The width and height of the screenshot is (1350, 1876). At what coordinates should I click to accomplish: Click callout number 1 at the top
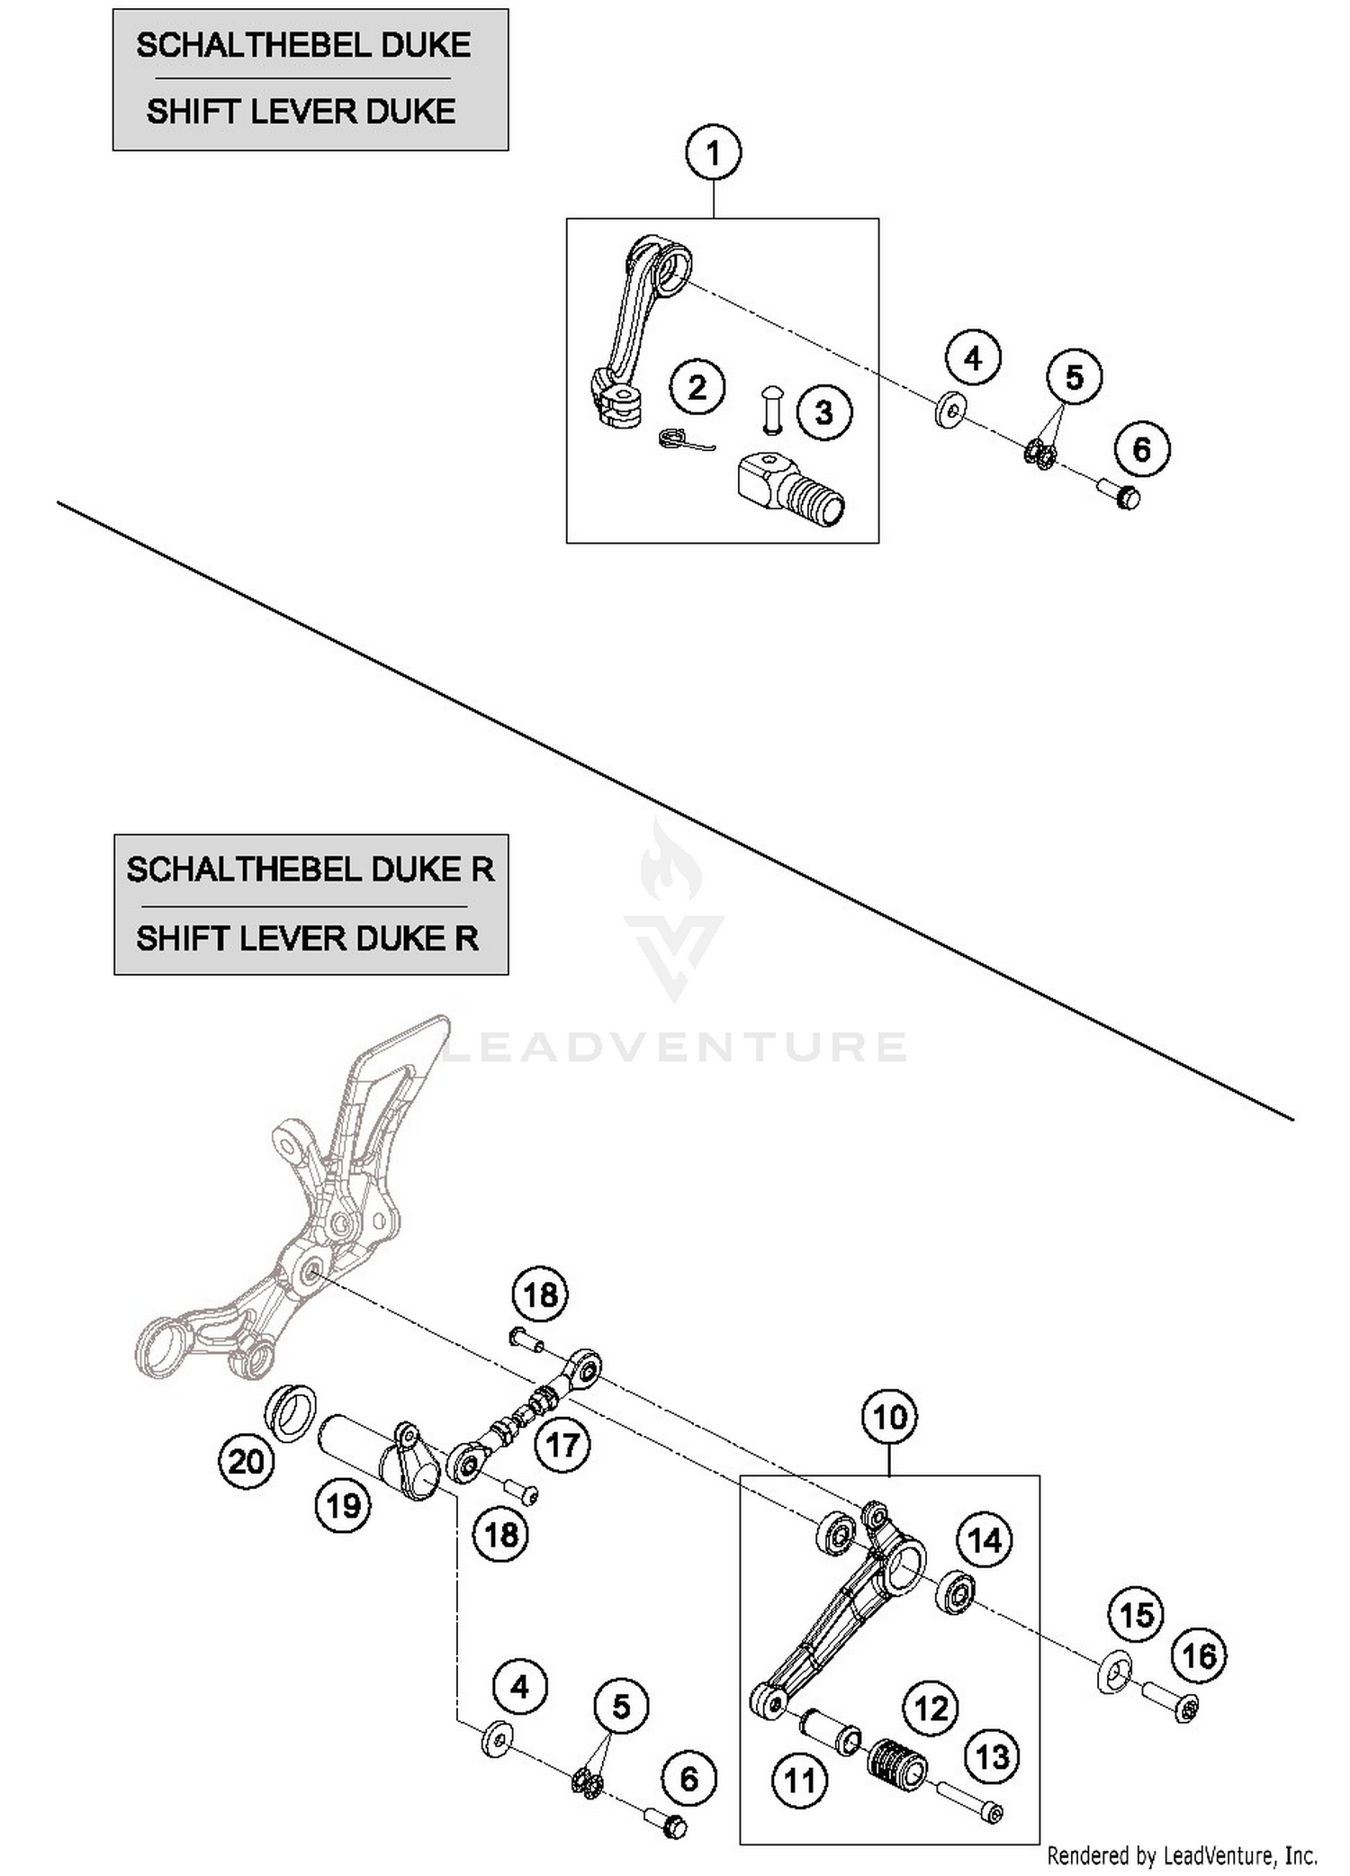(713, 153)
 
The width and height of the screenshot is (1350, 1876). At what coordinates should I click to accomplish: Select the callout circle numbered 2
(697, 388)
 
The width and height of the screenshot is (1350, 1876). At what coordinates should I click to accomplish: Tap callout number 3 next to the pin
(823, 413)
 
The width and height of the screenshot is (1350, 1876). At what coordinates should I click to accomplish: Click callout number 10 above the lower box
(889, 1418)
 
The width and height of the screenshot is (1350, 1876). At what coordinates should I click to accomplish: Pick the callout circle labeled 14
(984, 1540)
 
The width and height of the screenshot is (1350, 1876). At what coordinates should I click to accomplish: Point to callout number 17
(562, 1446)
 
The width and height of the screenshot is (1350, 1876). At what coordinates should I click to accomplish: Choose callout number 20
(246, 1461)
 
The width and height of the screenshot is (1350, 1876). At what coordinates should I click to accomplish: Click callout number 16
(1199, 1655)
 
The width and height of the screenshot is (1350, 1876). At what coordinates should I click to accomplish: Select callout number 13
(993, 1756)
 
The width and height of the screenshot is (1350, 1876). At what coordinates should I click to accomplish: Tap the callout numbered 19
(343, 1506)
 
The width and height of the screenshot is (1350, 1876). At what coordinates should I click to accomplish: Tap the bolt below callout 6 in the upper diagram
(1119, 492)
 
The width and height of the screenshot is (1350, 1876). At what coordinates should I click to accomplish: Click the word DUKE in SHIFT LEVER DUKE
(409, 112)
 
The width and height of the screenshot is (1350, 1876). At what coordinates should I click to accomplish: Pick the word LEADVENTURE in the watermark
(675, 1046)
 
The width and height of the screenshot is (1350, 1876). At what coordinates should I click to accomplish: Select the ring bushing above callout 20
(290, 1413)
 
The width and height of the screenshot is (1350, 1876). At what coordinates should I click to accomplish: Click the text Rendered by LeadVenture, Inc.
(1182, 1855)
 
